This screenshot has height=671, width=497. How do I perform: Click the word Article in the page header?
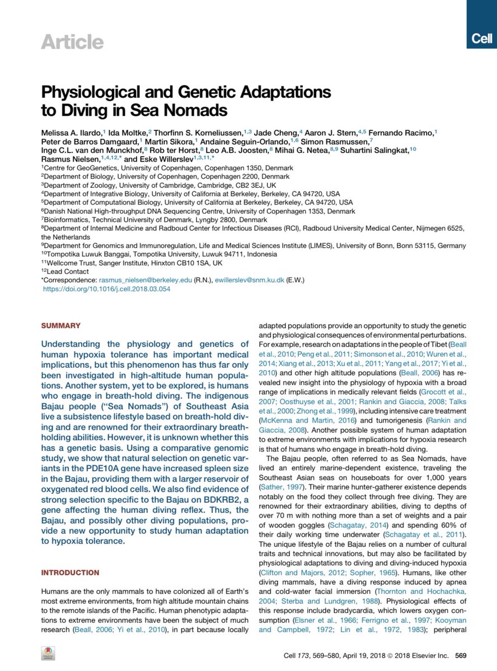(72, 42)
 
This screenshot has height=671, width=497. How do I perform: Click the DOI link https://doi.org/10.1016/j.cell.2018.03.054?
(106, 289)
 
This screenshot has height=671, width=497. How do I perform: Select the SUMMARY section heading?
(61, 325)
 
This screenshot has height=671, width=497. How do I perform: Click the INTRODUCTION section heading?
(71, 573)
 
